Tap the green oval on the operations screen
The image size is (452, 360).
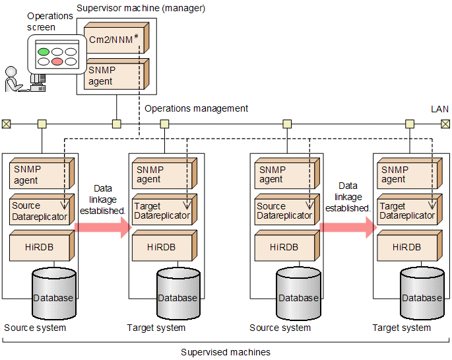(44, 51)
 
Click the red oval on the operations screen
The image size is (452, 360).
(58, 61)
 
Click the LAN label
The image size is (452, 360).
(439, 108)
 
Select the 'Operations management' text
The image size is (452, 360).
(196, 108)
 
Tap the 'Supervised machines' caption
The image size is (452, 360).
(225, 352)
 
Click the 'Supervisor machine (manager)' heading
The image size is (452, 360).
(141, 9)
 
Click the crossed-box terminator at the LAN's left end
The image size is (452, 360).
(6, 124)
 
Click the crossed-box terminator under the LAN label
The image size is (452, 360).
(445, 124)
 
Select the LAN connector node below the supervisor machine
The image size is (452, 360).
(116, 124)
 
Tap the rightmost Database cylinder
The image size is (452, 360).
(421, 294)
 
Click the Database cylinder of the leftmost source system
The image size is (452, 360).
(53, 294)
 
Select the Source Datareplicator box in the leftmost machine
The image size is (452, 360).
(40, 211)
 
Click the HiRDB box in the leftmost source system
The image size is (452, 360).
(40, 246)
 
